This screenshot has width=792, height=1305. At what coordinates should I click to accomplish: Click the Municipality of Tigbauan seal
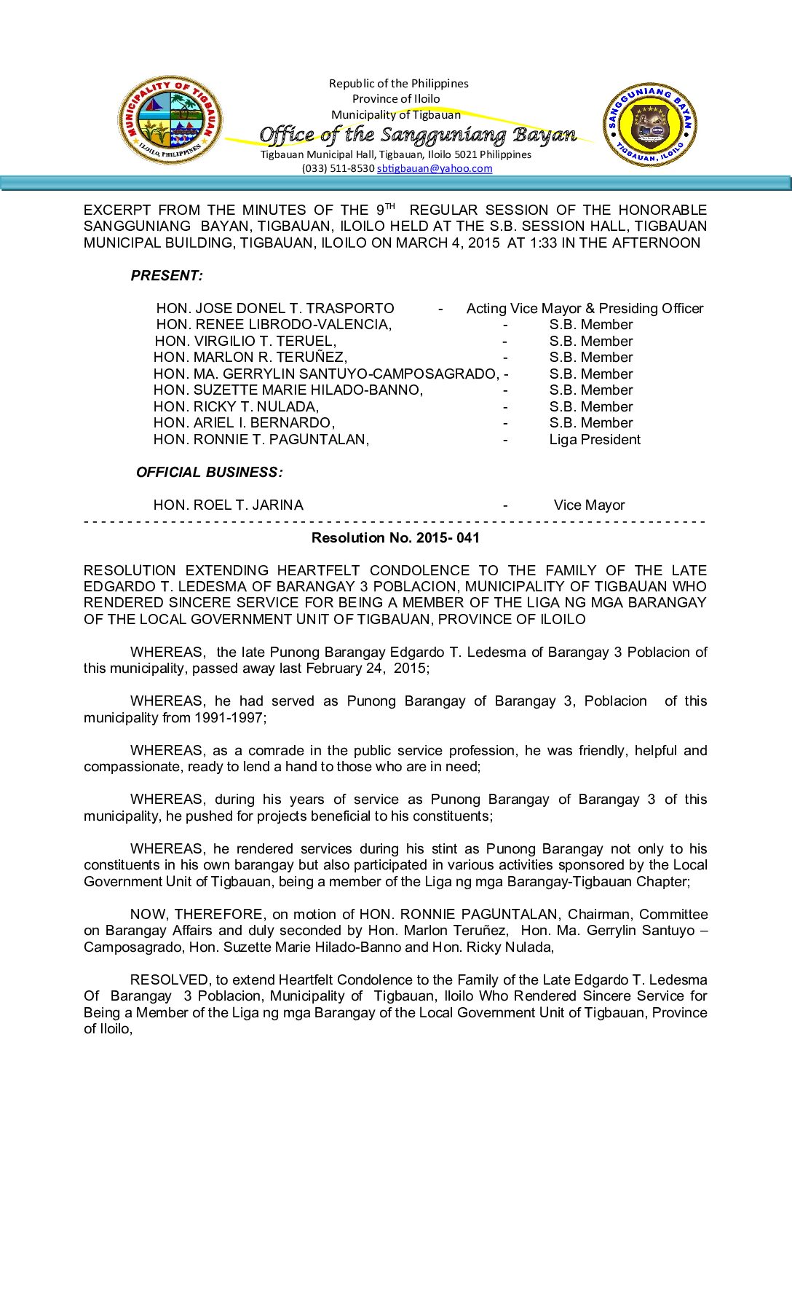[170, 120]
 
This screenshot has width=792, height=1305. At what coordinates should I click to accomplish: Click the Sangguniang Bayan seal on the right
[649, 125]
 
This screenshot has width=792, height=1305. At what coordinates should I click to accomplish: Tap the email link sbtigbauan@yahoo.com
[435, 168]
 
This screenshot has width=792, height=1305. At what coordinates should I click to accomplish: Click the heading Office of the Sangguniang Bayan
[418, 135]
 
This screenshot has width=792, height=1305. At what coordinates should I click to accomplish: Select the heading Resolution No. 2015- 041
[395, 538]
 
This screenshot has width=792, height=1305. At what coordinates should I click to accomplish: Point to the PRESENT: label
[167, 276]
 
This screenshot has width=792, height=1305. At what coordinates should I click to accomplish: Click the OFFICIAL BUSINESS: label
[209, 473]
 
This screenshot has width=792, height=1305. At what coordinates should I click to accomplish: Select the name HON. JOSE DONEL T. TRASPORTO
[275, 309]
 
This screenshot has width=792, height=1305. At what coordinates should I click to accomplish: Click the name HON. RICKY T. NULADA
[236, 407]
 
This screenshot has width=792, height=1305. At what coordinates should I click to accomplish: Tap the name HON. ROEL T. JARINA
[228, 505]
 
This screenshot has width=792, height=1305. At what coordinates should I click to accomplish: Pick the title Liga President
[595, 440]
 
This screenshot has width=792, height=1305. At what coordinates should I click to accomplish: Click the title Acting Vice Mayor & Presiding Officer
[585, 309]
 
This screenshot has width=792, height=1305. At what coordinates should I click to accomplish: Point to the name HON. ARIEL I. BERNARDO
[244, 423]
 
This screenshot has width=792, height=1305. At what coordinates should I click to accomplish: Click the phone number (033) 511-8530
[338, 168]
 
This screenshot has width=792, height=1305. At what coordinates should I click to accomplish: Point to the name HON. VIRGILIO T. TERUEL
[245, 342]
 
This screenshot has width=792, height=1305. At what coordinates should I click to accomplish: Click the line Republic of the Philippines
[398, 84]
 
